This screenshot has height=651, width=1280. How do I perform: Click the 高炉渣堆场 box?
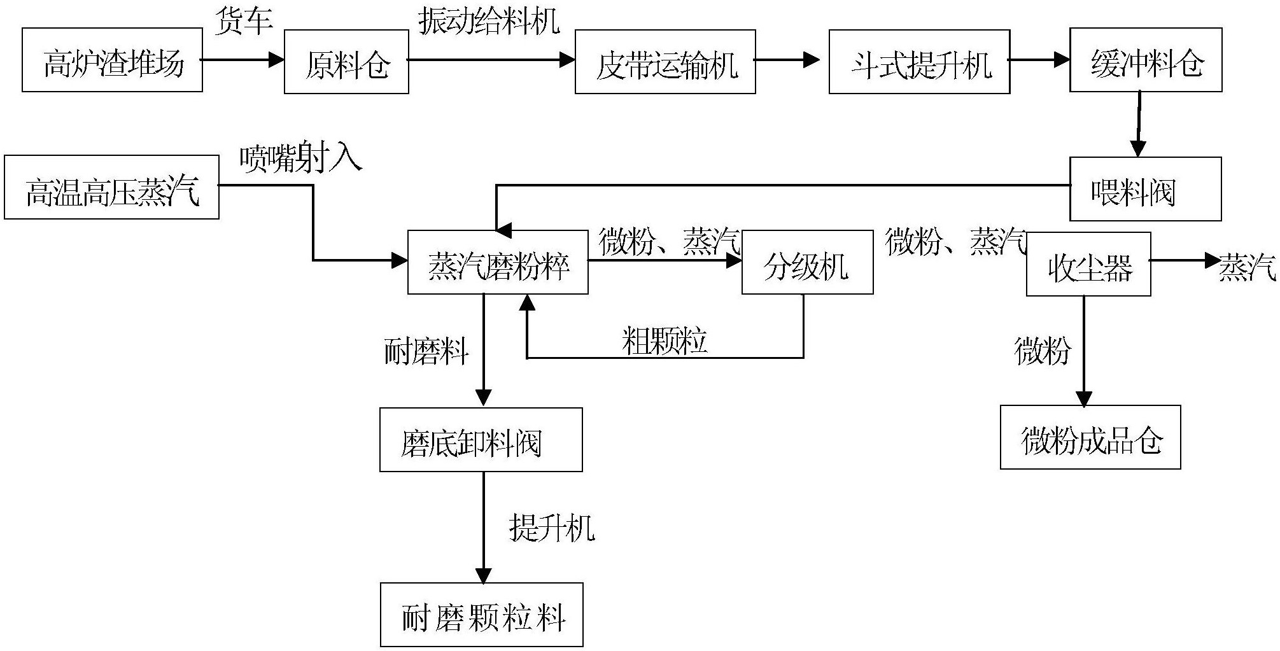click(x=112, y=60)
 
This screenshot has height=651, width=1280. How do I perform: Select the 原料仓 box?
click(x=346, y=62)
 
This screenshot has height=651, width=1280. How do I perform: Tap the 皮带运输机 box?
click(x=665, y=62)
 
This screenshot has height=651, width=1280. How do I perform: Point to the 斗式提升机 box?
click(x=919, y=62)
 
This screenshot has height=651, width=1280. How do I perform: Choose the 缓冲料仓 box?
click(x=1146, y=60)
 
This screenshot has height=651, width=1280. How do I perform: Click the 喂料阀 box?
click(x=1145, y=189)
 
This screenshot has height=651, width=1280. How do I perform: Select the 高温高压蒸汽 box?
click(x=111, y=188)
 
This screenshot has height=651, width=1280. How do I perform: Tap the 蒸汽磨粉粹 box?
click(x=498, y=262)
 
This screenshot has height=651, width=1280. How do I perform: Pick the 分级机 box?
click(x=807, y=262)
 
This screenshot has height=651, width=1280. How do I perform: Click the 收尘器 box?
click(x=1088, y=264)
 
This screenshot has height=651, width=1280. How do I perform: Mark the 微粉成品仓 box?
click(x=1090, y=437)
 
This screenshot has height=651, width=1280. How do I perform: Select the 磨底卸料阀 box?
click(x=481, y=440)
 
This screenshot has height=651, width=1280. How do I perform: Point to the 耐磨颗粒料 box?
click(x=482, y=615)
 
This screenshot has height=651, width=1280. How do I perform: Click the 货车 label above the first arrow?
click(x=244, y=21)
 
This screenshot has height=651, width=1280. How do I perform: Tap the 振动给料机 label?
click(x=489, y=21)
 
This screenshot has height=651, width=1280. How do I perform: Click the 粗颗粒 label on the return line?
click(x=664, y=340)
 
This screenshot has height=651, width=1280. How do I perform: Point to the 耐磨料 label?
click(x=426, y=351)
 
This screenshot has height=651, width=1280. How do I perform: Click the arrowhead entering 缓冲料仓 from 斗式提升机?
click(x=1062, y=60)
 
